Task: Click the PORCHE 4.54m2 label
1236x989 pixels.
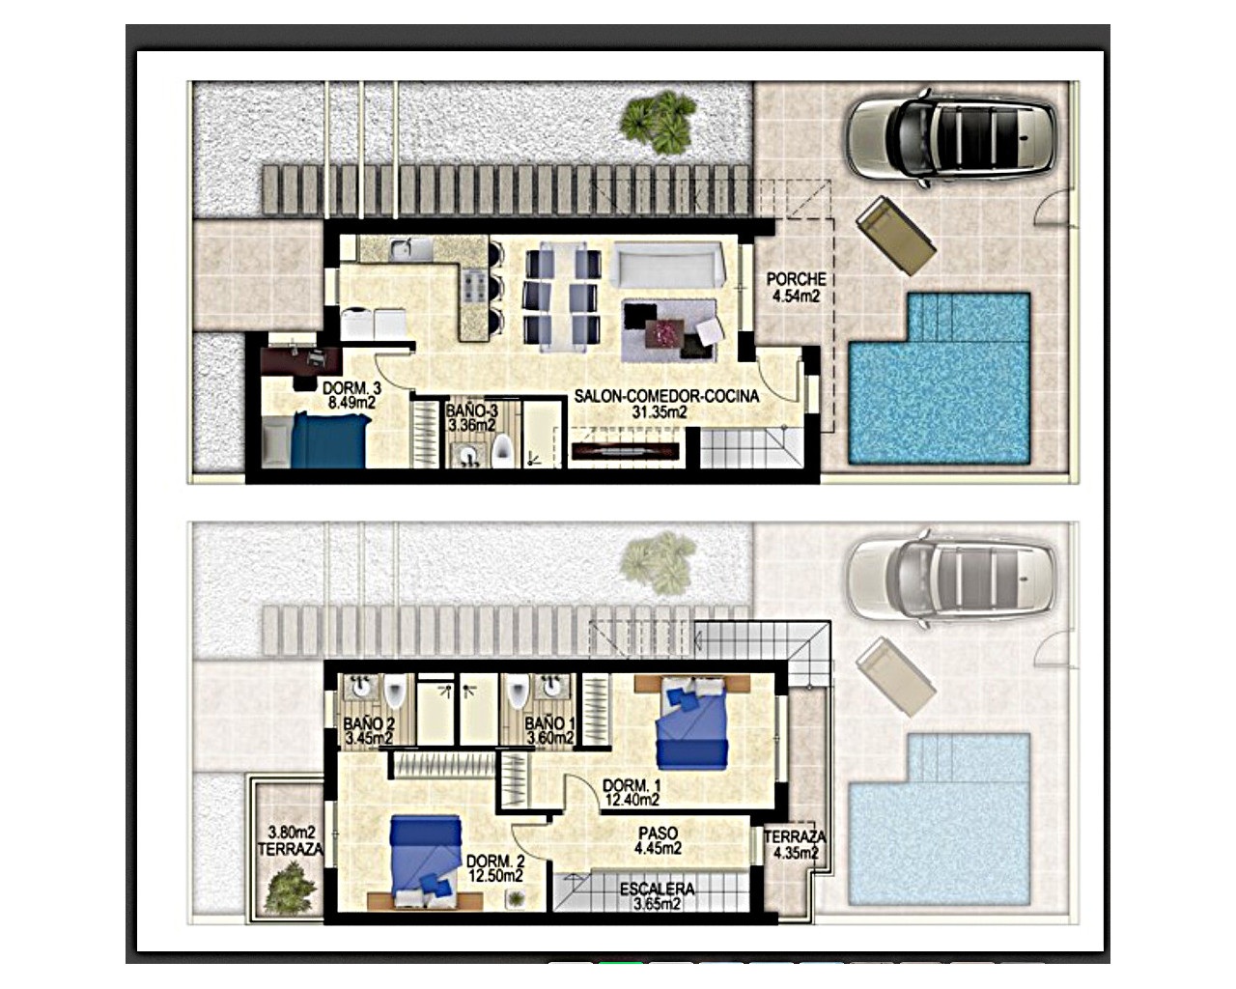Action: pos(796,288)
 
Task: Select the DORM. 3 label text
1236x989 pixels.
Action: pos(351,396)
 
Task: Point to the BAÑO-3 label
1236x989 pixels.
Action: pos(471,417)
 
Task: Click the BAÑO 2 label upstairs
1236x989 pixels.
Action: pos(369,731)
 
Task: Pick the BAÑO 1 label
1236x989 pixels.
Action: pos(549,731)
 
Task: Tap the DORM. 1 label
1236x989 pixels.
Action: pos(632,792)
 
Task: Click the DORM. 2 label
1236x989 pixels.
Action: pos(495,868)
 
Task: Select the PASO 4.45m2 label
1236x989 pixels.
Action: pos(658,840)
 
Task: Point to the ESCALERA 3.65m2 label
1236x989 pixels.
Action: pos(657,896)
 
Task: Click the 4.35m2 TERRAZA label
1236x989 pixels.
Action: pos(795,845)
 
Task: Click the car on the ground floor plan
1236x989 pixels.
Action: pos(951,136)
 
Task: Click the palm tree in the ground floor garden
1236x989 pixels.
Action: pos(659,121)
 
